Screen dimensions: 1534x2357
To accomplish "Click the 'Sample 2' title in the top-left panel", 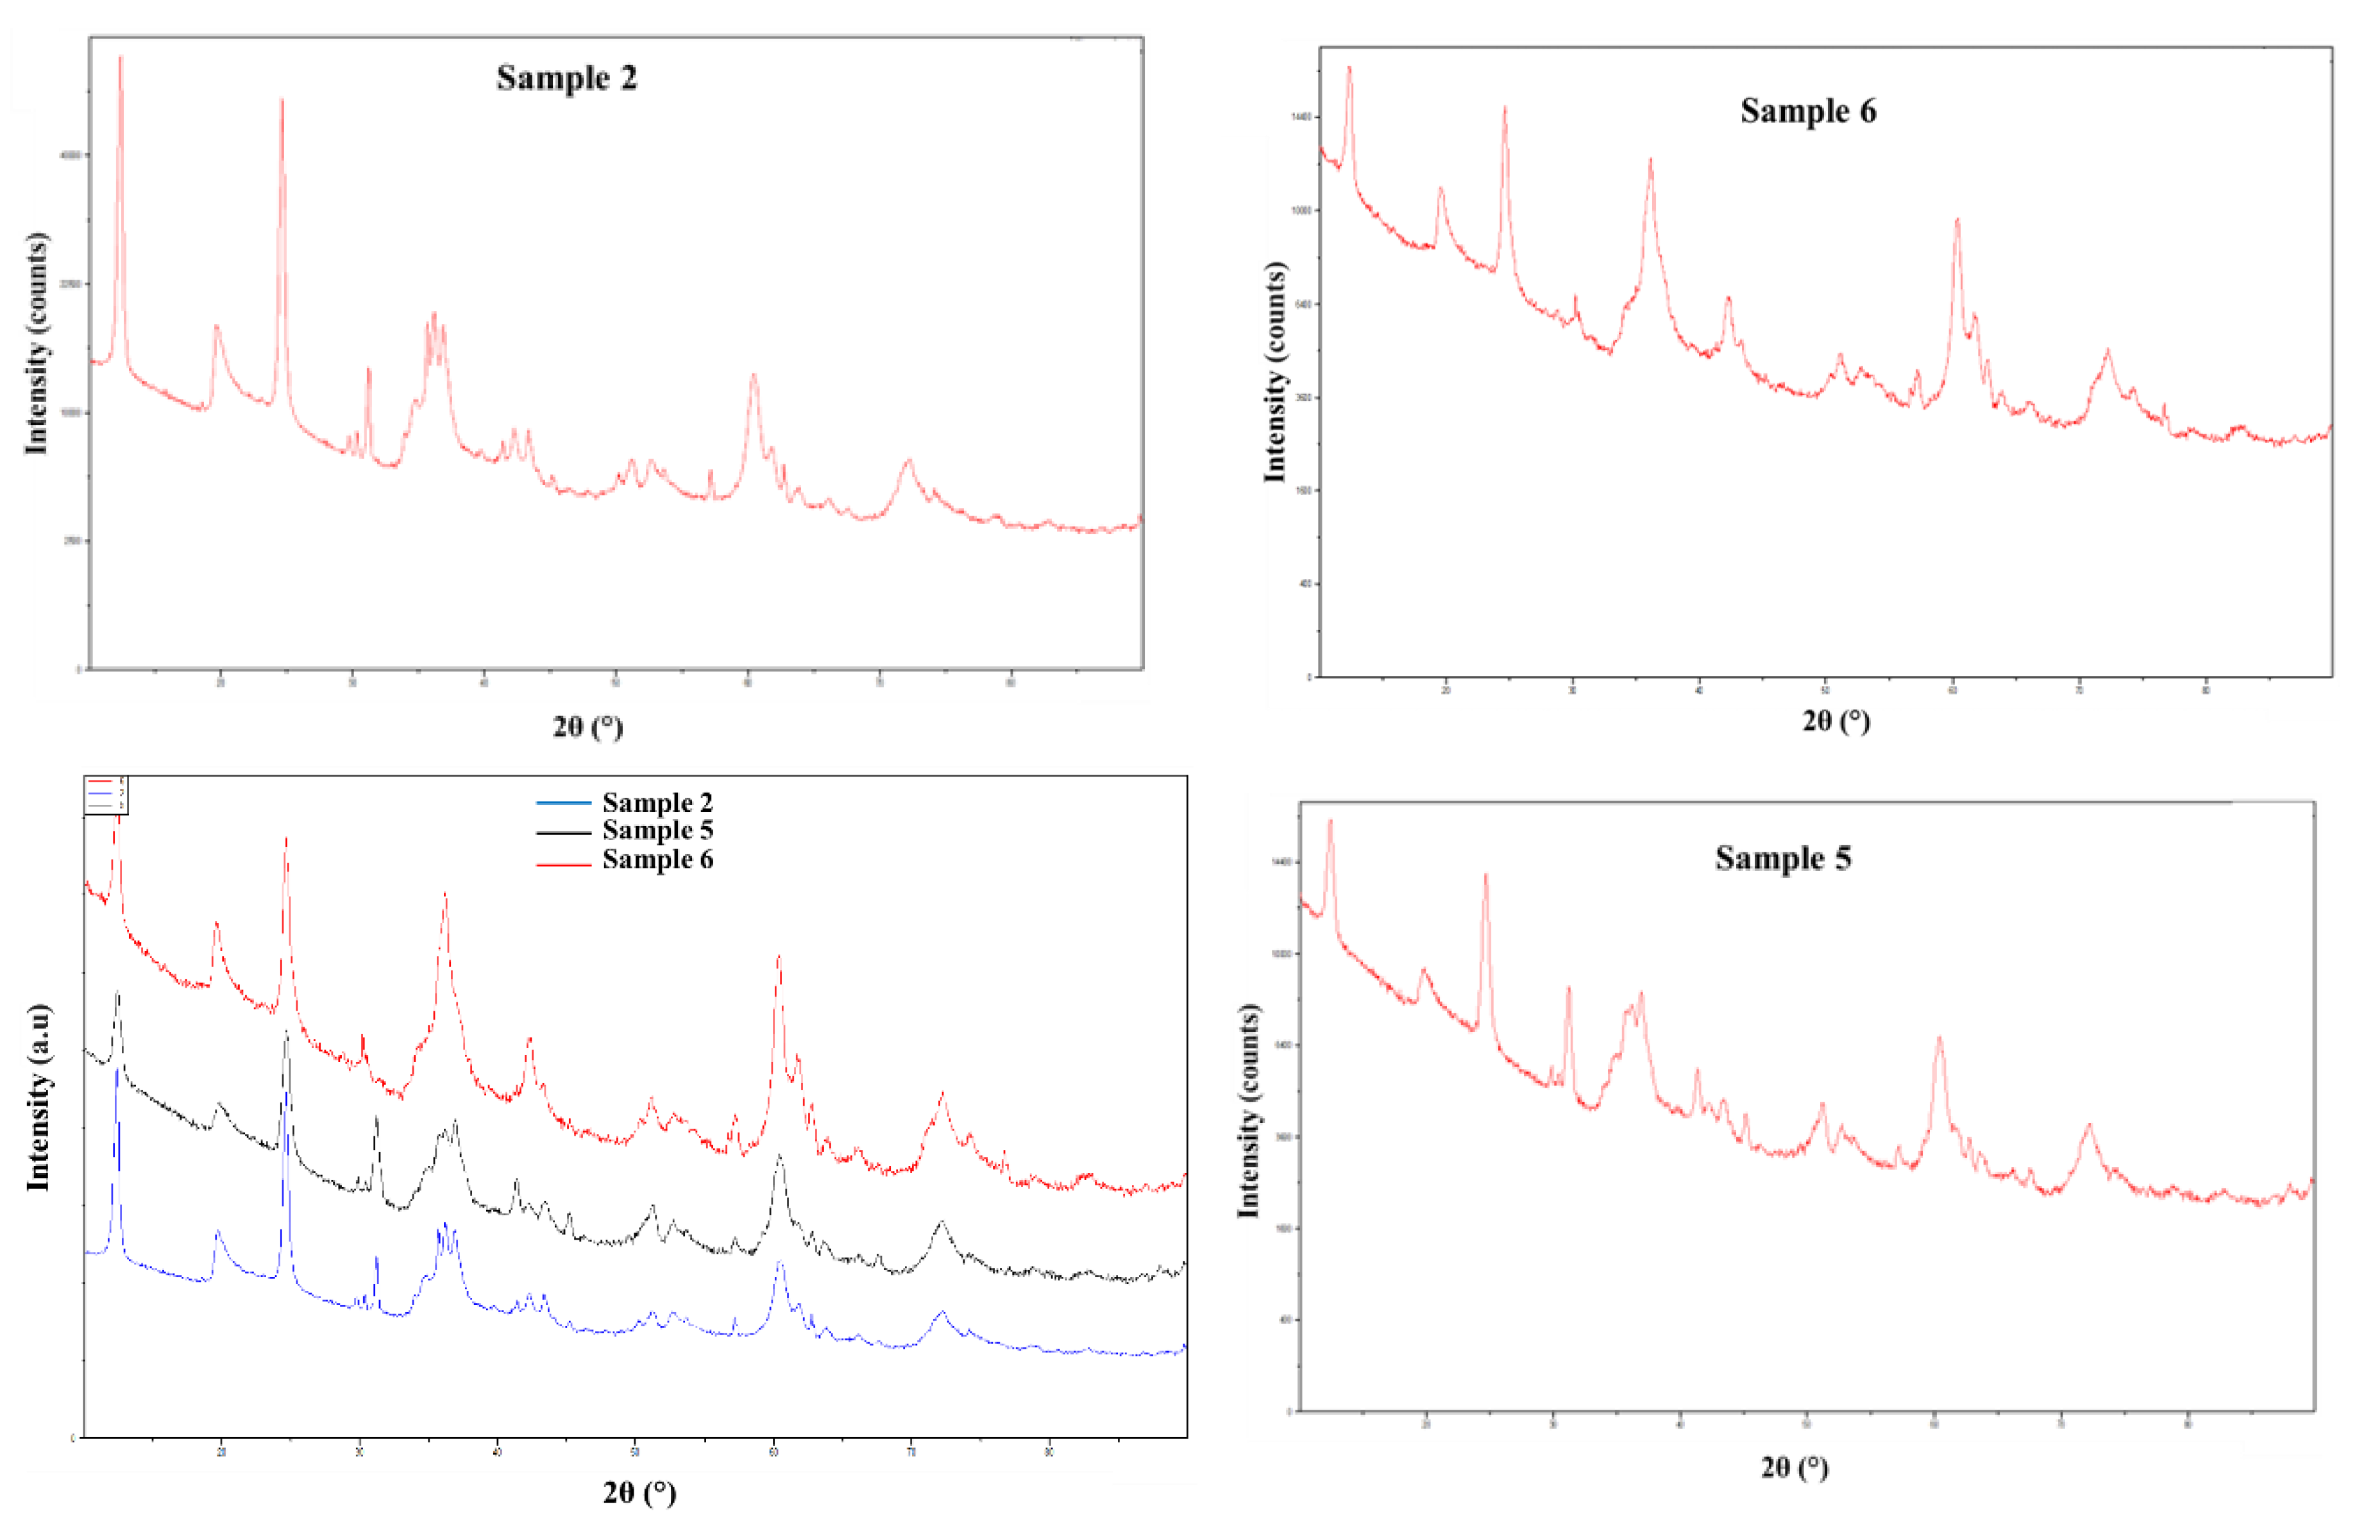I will pos(566,77).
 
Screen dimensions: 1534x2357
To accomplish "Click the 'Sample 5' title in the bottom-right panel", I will pos(1782,857).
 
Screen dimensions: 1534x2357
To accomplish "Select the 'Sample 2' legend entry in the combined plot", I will pos(657,802).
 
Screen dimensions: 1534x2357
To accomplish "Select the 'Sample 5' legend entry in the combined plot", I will pos(657,830).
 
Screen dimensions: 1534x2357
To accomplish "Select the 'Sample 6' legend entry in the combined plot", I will pos(657,859).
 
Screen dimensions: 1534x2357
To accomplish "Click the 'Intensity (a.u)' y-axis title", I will pos(38,1097).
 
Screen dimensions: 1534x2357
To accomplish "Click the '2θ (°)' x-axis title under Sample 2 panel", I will pos(587,727).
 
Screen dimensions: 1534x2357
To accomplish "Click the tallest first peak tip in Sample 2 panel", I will pos(121,58).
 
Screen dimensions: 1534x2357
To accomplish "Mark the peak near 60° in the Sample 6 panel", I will pos(1957,220).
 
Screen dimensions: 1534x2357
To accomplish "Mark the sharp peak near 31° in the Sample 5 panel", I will pos(1567,988).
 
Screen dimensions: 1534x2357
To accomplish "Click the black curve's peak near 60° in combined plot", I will pos(779,1156).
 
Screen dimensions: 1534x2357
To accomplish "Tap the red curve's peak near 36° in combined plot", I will pos(444,894).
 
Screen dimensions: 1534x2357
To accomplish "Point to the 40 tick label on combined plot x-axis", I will pos(497,1452).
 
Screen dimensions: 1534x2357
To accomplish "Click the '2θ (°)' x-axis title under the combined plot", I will pos(639,1492).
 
